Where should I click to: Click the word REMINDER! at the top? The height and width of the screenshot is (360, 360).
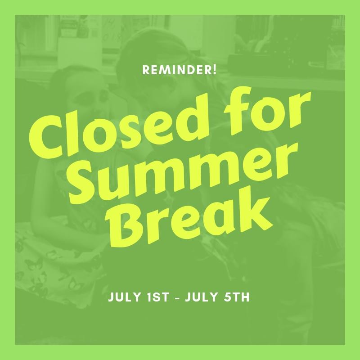pyautogui.click(x=179, y=70)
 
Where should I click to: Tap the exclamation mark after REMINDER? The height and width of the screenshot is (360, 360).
pyautogui.click(x=215, y=70)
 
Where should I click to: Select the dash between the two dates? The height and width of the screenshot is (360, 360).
pyautogui.click(x=177, y=297)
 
